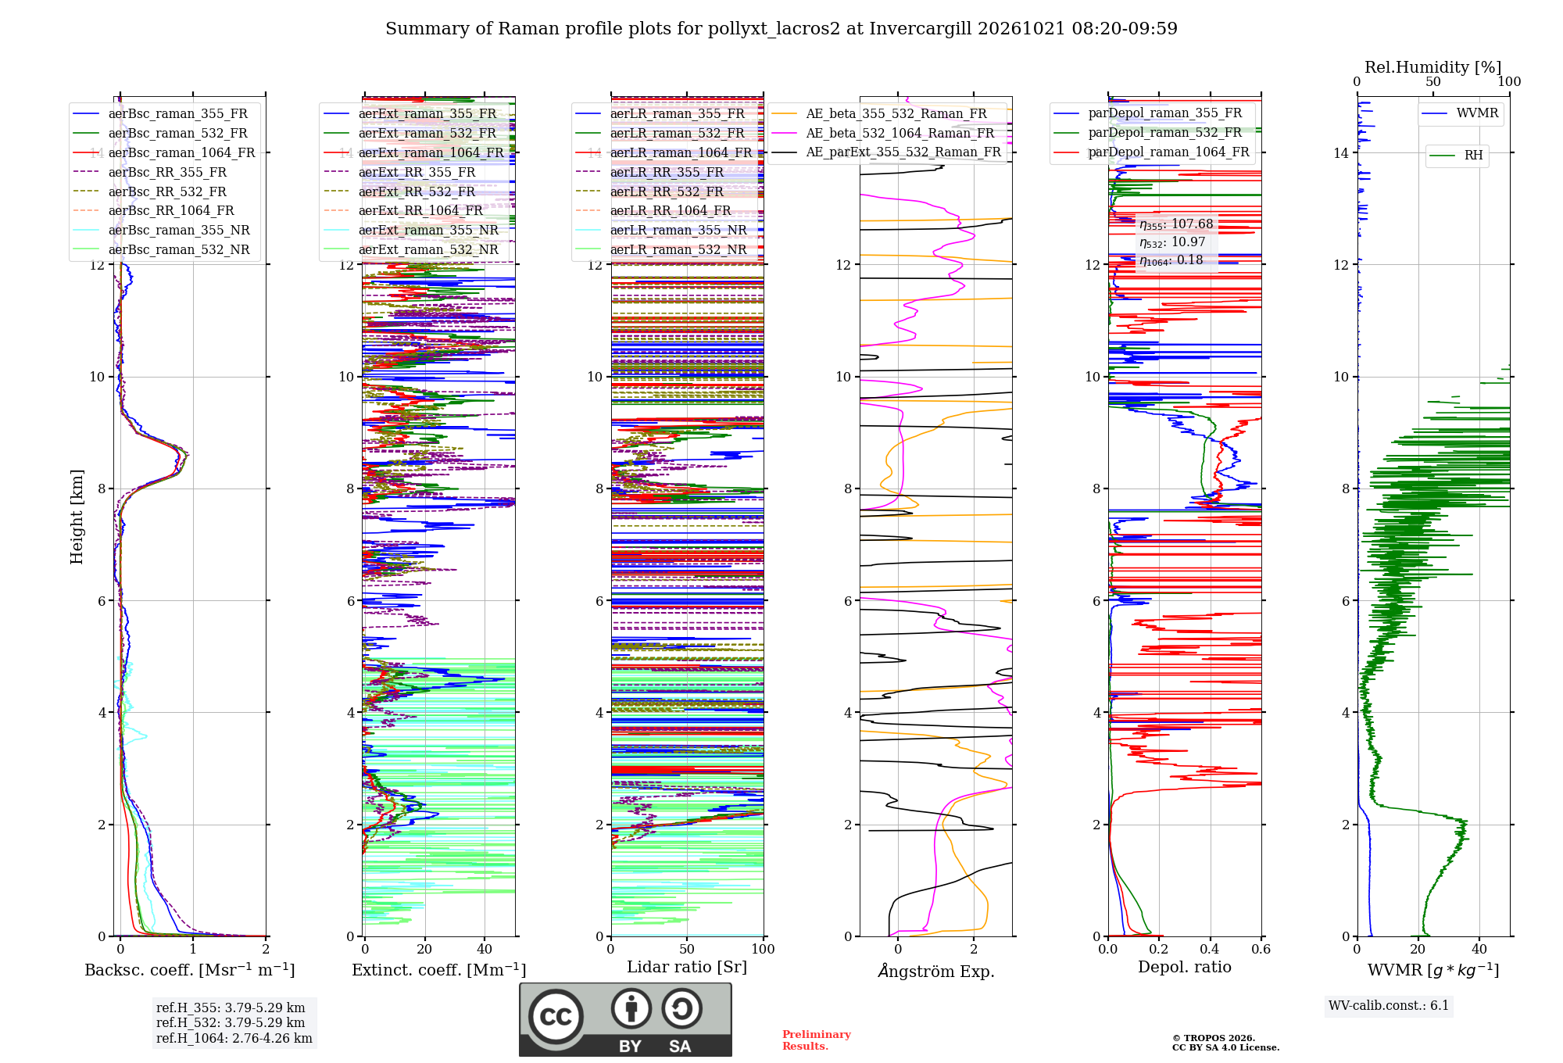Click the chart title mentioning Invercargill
[x=781, y=29]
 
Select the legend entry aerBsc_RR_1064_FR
[x=171, y=210]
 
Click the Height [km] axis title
[x=77, y=517]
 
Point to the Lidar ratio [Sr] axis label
[x=687, y=967]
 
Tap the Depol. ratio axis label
[x=1185, y=967]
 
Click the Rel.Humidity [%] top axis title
[x=1433, y=67]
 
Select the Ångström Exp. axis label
[x=936, y=971]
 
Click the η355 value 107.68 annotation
[x=1176, y=224]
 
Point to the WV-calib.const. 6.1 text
[x=1389, y=1005]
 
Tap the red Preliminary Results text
[x=817, y=1040]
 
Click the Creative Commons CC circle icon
[x=556, y=1016]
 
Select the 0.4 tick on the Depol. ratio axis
[x=1210, y=949]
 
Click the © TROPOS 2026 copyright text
[x=1214, y=1038]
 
